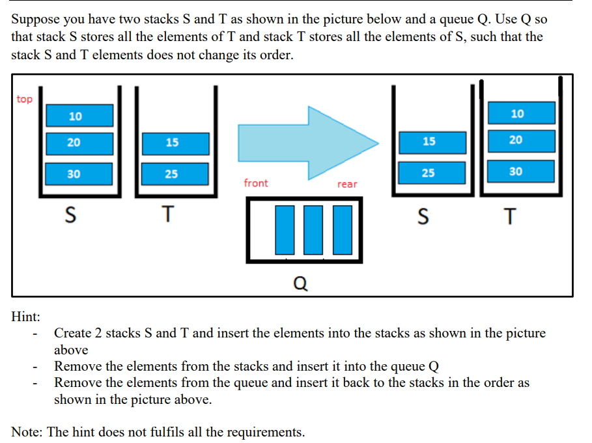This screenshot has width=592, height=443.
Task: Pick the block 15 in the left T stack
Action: (x=172, y=143)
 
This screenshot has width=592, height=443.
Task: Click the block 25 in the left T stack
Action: (x=172, y=173)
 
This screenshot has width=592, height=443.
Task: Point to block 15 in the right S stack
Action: (x=429, y=141)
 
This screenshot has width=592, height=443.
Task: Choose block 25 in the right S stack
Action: (x=429, y=173)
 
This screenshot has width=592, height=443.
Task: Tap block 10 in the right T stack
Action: (x=518, y=113)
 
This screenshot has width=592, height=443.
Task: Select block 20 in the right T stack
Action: (x=518, y=140)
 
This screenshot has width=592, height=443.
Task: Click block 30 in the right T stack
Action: (x=518, y=171)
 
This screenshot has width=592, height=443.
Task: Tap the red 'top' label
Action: (x=24, y=99)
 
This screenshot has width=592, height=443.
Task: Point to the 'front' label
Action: (x=255, y=183)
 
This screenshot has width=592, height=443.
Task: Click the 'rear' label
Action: (x=347, y=184)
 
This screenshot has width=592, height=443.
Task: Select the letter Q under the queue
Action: (x=301, y=283)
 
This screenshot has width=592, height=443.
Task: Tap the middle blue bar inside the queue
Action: (x=313, y=229)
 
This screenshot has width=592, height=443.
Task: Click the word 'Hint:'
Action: (x=26, y=317)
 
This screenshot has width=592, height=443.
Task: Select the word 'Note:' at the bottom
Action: (x=27, y=431)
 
